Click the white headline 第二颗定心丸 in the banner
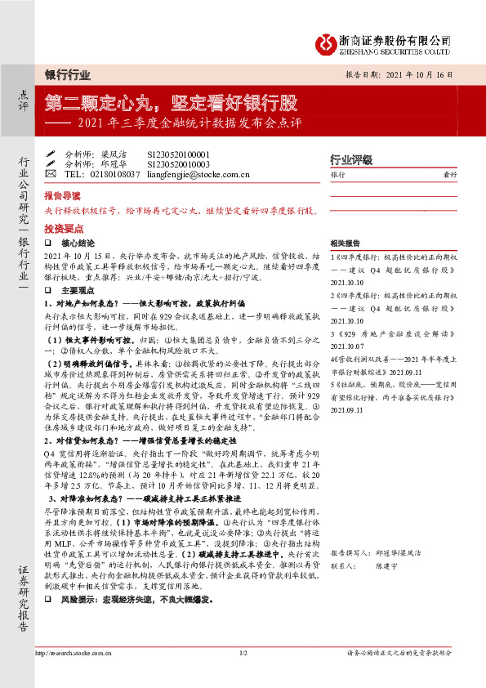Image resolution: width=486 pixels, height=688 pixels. (x=97, y=104)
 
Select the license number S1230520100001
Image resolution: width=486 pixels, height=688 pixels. (x=179, y=154)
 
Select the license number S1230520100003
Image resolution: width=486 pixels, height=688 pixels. (x=179, y=163)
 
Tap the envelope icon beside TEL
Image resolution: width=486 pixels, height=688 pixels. (x=51, y=174)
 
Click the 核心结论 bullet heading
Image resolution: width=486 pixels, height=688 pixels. (x=78, y=243)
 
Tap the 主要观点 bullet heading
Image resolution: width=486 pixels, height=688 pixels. (x=78, y=289)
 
